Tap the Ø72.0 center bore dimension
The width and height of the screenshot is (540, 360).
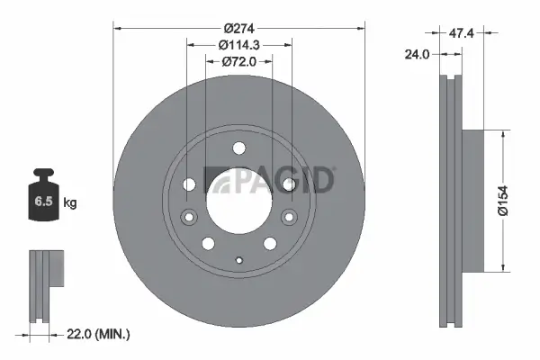(x=238, y=62)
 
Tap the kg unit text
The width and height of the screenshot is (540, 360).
(x=70, y=203)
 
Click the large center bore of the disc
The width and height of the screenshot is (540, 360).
(x=238, y=200)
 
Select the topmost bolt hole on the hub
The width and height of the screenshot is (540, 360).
(x=238, y=149)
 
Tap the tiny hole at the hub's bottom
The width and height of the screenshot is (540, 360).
(x=238, y=262)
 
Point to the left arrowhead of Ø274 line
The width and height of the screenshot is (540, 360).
(x=117, y=27)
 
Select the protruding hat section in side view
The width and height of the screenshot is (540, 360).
(x=472, y=200)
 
